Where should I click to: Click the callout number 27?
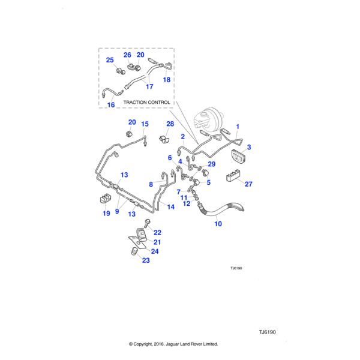pos(249,185)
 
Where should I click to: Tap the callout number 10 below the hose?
pos(218,224)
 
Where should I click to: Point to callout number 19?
pos(106,212)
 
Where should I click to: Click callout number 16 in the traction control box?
pos(110,105)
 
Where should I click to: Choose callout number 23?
pos(146,260)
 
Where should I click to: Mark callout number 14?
pos(170,206)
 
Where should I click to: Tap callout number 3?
pos(249,147)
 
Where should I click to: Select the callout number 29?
pos(211,164)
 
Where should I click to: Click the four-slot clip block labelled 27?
pos(232,177)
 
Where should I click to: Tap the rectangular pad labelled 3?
pos(238,158)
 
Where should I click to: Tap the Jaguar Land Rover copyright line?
pos(173,344)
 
